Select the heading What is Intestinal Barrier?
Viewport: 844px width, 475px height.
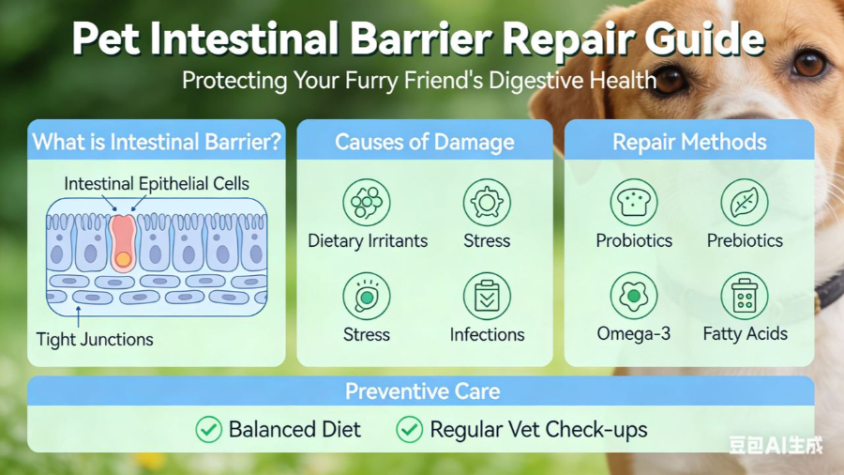(x=157, y=143)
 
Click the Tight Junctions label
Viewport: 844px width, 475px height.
(x=95, y=339)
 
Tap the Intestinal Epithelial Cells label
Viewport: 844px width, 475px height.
(x=157, y=184)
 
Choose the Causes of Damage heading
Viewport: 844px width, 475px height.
(x=425, y=143)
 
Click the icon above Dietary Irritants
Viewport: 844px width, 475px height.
(x=367, y=202)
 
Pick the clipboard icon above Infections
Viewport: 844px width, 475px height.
(x=487, y=296)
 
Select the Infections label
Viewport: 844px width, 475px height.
(x=487, y=334)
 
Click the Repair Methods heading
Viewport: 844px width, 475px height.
(x=689, y=143)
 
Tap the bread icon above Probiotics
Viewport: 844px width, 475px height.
(x=634, y=202)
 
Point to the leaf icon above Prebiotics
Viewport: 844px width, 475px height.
(x=745, y=202)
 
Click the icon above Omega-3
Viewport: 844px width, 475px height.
(x=634, y=296)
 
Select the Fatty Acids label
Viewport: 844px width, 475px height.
(x=746, y=334)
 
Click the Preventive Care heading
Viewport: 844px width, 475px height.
(x=422, y=391)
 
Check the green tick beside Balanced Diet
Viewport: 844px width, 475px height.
(x=208, y=430)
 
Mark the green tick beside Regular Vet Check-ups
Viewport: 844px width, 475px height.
(x=409, y=430)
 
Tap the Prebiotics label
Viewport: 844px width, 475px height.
(x=745, y=240)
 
